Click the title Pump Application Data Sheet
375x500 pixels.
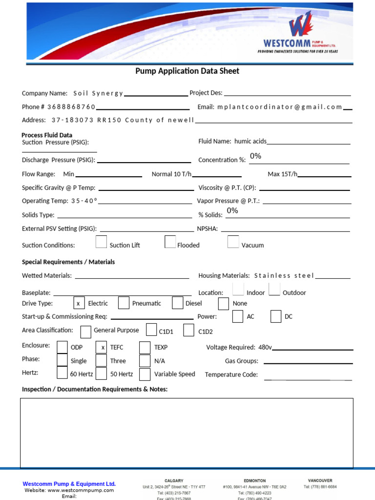187,71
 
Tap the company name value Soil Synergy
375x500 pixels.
98,93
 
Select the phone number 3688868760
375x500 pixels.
71,107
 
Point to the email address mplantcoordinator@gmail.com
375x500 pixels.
280,107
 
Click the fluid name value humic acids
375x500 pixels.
250,142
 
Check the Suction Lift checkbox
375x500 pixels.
101,242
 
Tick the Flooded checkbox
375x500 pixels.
170,242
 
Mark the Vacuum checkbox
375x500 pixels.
233,242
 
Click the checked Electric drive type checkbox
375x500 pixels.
78,303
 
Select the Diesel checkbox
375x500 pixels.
177,303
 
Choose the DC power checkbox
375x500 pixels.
276,316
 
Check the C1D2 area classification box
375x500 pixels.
189,331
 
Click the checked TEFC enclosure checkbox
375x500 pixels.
102,347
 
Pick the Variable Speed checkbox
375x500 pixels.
145,374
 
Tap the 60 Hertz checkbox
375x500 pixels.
62,374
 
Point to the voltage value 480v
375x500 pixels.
265,348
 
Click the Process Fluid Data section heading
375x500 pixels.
47,135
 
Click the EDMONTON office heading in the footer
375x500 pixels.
254,480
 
